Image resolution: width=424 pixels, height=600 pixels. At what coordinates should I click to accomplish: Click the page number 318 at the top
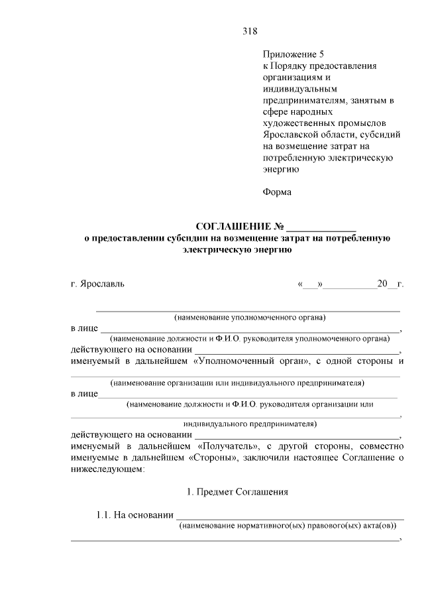click(x=249, y=31)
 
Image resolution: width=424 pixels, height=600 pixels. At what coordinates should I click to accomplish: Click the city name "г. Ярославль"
click(x=97, y=284)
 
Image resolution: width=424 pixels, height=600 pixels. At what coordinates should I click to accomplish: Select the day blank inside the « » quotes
click(x=311, y=284)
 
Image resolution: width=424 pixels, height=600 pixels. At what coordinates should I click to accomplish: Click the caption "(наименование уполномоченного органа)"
click(x=250, y=317)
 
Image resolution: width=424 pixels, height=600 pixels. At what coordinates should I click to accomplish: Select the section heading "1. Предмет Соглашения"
click(x=236, y=492)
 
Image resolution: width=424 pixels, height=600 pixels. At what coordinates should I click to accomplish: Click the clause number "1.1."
click(x=105, y=514)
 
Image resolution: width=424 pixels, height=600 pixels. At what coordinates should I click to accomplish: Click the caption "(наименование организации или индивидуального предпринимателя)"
click(x=238, y=383)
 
